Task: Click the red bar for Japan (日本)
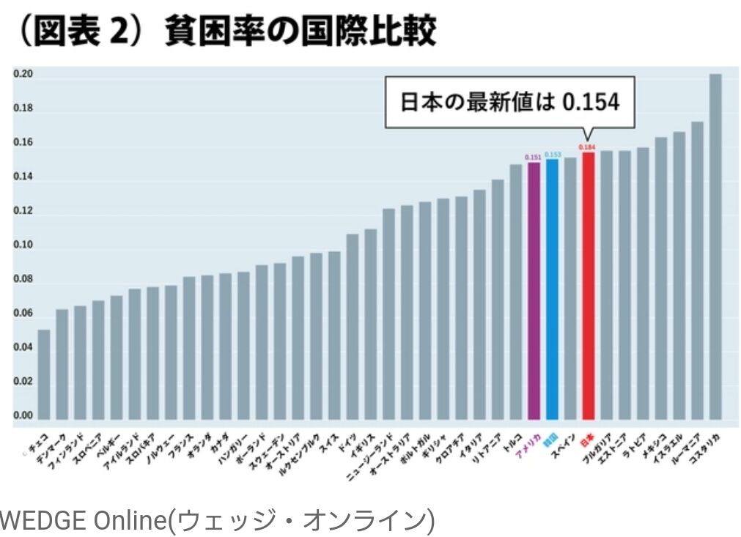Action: point(587,286)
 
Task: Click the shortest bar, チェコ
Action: point(44,374)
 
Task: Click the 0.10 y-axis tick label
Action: point(23,245)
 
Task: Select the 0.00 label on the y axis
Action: point(23,415)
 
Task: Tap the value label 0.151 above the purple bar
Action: point(534,157)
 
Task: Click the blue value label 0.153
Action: point(552,154)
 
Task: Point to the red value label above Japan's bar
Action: point(587,147)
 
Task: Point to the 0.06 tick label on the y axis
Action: point(23,314)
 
